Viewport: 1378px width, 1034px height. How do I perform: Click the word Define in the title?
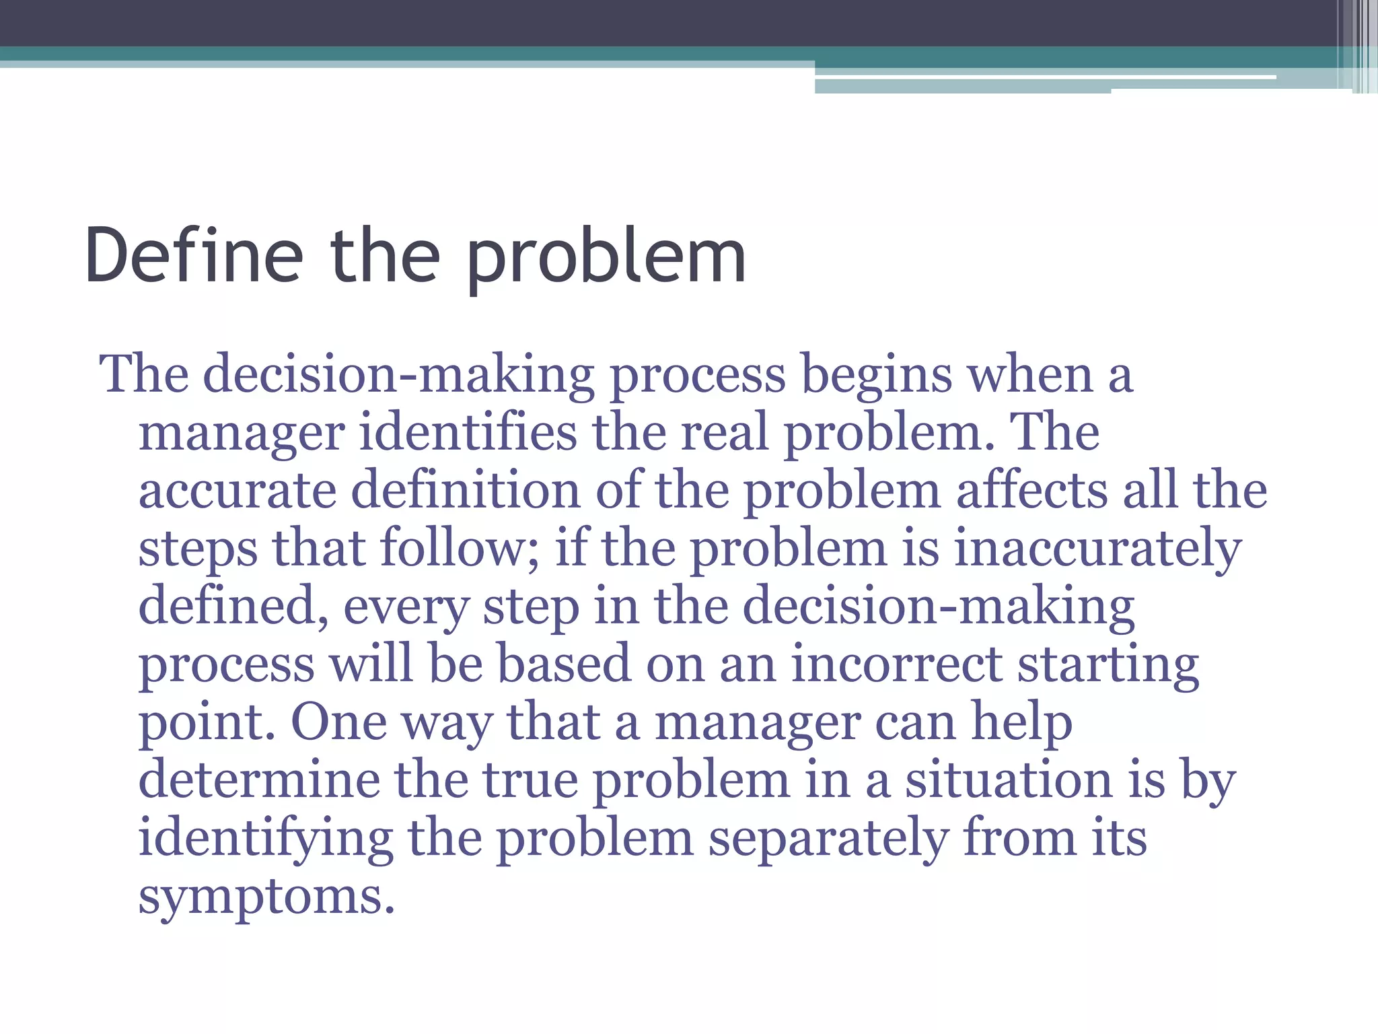(194, 256)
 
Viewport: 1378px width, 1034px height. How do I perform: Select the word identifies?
(468, 433)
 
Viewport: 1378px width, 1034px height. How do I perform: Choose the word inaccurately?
(1097, 549)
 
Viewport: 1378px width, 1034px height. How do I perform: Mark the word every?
(406, 607)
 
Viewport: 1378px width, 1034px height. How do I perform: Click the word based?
(564, 664)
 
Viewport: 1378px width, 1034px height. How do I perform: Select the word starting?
(1108, 664)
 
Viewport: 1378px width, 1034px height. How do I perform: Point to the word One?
(338, 722)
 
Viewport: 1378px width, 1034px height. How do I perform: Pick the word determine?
(259, 780)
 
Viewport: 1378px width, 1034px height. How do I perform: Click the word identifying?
(266, 838)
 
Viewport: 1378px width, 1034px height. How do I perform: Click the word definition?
(466, 491)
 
